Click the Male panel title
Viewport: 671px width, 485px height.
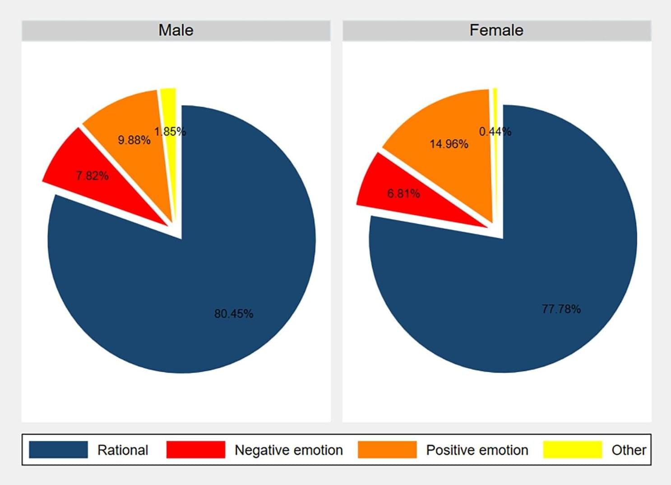176,30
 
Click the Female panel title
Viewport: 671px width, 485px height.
496,30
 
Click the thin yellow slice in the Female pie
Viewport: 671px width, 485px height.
495,108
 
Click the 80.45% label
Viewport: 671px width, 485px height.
234,314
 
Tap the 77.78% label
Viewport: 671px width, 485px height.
561,309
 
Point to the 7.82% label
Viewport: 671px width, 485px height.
92,176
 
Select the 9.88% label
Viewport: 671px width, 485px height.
134,140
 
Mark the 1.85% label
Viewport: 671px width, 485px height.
170,132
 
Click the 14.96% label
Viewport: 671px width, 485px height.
449,144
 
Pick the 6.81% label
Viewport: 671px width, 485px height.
403,194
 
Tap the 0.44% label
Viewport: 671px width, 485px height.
495,132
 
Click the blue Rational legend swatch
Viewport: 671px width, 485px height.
58,450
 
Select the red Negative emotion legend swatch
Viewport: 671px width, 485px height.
195,450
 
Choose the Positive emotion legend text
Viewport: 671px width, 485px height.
477,450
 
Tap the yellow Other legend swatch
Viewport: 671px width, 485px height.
573,450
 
